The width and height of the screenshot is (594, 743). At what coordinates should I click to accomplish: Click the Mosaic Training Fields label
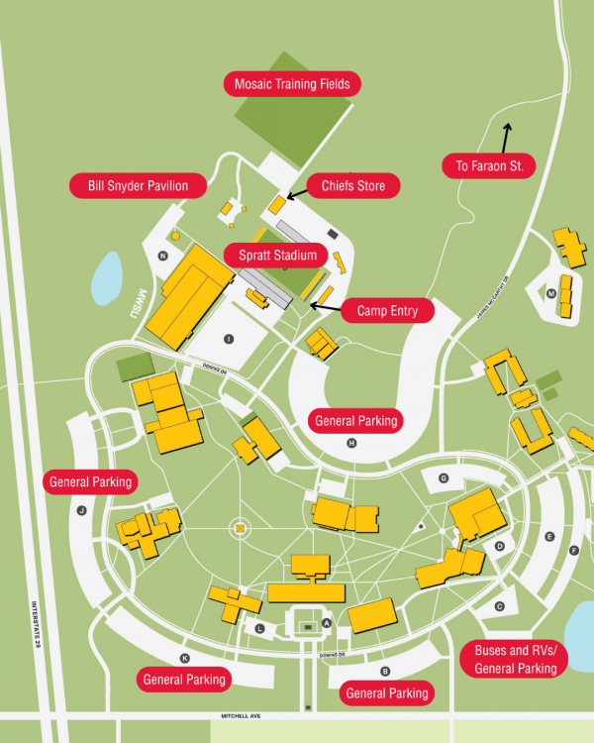point(292,84)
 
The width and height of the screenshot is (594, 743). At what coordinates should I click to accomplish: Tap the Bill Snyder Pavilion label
point(138,185)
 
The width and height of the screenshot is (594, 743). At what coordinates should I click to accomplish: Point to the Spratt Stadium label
point(276,256)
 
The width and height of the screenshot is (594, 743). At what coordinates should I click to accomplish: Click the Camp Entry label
point(387,311)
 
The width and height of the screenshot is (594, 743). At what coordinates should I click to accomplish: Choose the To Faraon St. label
point(489,165)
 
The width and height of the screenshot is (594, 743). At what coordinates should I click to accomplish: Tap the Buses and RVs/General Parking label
point(516,660)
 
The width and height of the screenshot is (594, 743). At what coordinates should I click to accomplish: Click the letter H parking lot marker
point(350,443)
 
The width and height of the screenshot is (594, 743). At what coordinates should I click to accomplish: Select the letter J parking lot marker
point(81,511)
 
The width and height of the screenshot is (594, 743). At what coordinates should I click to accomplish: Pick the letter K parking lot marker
point(184,658)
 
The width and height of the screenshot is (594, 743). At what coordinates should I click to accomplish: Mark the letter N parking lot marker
point(161,256)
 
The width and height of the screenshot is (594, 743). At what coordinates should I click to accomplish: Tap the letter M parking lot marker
point(550,294)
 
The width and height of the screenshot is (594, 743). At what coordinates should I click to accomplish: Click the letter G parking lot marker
point(444,478)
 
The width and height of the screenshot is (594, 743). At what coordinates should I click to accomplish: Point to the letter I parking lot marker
point(229,339)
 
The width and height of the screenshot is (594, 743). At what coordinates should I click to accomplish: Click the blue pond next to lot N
point(107,277)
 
